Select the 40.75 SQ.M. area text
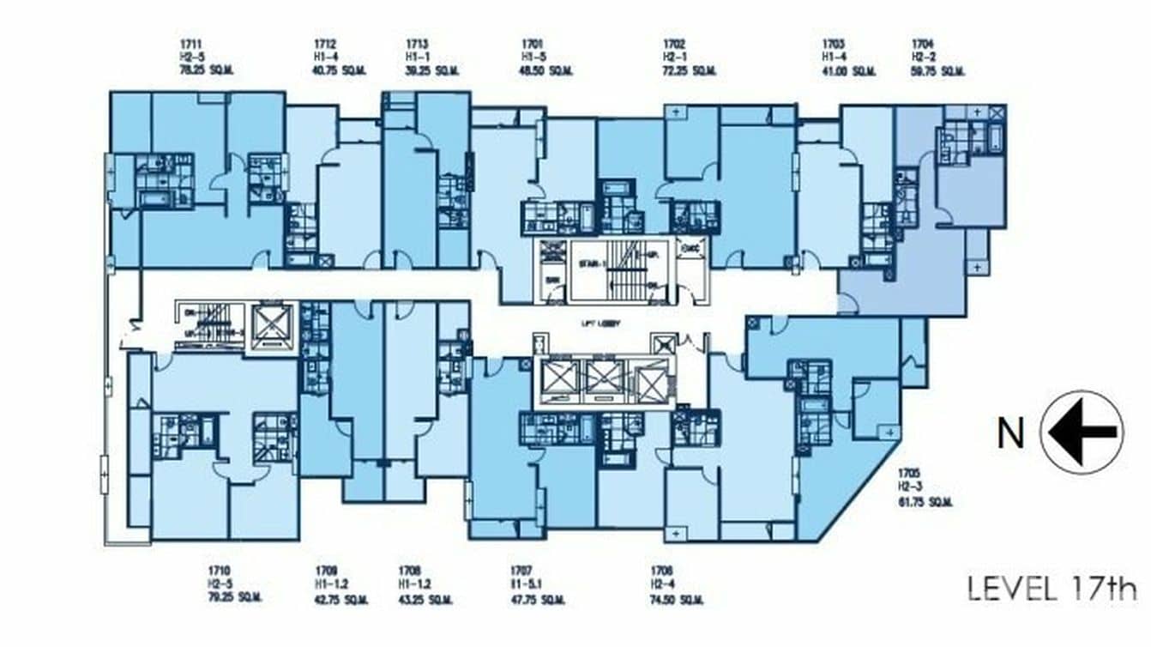[337, 71]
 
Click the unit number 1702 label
[673, 43]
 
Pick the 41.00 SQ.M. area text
[848, 71]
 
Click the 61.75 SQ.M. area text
[925, 502]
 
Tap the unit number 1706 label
[661, 570]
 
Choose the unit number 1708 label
[409, 570]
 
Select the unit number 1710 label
[218, 570]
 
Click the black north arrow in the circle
[1082, 432]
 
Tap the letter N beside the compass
[1009, 434]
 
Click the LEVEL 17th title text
[1052, 589]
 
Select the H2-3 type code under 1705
[910, 487]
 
